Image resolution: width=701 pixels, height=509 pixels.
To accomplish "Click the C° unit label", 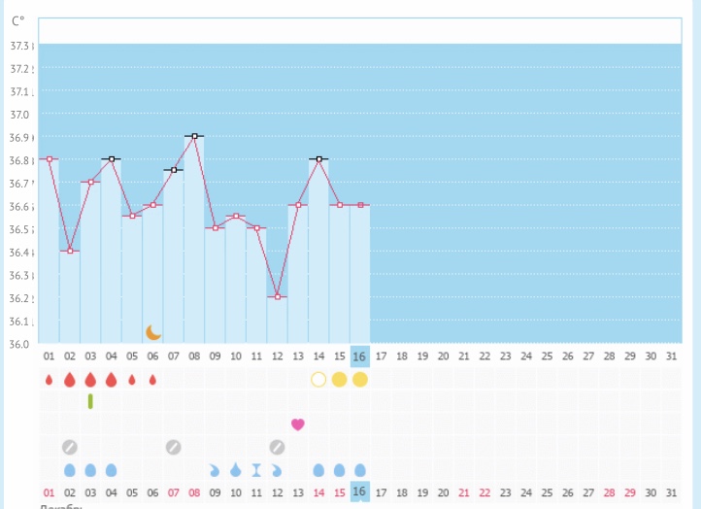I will [17, 20].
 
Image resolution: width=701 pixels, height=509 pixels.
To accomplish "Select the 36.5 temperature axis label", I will [19, 230].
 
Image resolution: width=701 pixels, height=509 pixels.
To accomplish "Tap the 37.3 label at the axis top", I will [19, 46].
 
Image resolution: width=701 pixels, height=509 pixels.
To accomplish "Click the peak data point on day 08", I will [194, 136].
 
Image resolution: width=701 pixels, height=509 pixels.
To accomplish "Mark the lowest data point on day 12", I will [278, 296].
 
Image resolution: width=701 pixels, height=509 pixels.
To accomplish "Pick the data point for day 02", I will [70, 251].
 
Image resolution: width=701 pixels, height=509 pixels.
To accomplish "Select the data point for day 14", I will [318, 158].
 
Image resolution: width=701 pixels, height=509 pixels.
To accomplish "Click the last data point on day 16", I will [360, 205].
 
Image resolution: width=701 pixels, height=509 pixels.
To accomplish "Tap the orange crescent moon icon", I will [153, 332].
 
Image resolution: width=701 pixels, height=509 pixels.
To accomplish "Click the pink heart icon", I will [298, 424].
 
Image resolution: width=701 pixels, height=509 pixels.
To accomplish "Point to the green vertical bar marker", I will [90, 400].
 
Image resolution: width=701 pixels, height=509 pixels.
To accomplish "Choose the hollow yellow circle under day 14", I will [318, 379].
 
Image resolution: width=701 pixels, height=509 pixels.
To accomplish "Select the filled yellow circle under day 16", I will [360, 379].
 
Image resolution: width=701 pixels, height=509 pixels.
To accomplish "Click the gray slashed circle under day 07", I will [173, 447].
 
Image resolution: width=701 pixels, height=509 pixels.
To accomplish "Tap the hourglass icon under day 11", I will [256, 470].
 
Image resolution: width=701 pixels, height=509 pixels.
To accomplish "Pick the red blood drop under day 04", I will [111, 379].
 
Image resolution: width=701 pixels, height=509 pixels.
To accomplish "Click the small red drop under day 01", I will [49, 379].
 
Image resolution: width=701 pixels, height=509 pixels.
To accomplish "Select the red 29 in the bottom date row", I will [630, 492].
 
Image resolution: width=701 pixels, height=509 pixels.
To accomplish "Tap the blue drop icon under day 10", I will [236, 470].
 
